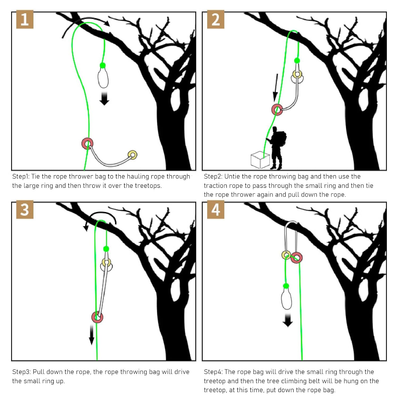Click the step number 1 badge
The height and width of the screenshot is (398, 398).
coord(25,19)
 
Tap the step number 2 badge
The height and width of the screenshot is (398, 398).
coord(216,19)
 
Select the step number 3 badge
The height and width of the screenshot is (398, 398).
coord(25,209)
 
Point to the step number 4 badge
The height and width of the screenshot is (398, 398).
coord(216,209)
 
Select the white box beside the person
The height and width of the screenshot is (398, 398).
coord(260,160)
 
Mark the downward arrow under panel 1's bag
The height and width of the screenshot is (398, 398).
coord(104,99)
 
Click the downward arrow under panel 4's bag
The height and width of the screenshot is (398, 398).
coord(288,320)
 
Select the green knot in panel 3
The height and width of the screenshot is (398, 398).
coord(106,249)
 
